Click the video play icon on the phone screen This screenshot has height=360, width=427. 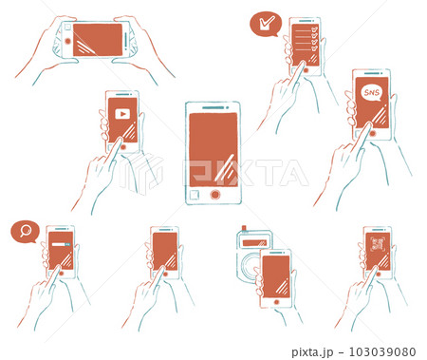[121, 114]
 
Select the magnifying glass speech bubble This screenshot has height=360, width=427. [25, 232]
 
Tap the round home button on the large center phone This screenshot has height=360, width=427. [214, 194]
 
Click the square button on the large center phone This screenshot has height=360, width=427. [195, 194]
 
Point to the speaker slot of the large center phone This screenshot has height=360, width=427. [213, 106]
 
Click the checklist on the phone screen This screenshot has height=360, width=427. [305, 42]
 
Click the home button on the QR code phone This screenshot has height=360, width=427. [377, 275]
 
